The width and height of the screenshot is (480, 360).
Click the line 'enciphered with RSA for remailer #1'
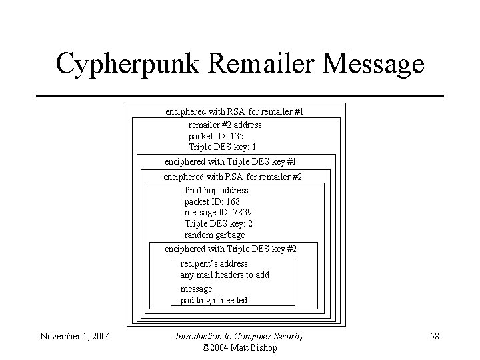coord(234,112)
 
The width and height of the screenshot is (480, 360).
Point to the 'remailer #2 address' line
coord(225,125)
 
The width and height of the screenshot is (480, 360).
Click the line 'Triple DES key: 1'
coord(222,147)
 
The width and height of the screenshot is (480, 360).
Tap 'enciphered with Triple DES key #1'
coord(230,162)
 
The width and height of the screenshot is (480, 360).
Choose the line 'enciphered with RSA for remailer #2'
coord(233,177)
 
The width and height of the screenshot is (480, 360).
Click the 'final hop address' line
coord(216,190)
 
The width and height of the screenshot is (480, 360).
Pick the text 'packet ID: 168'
coord(212,201)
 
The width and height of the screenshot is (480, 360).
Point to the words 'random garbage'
coord(215,235)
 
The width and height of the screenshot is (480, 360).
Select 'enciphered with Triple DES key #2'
coord(230,249)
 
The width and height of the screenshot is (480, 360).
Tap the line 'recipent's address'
coord(213,263)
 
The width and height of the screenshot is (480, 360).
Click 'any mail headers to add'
coord(225,275)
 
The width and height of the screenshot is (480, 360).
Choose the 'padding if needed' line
coord(213,301)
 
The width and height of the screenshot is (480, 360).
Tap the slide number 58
coord(434,336)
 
